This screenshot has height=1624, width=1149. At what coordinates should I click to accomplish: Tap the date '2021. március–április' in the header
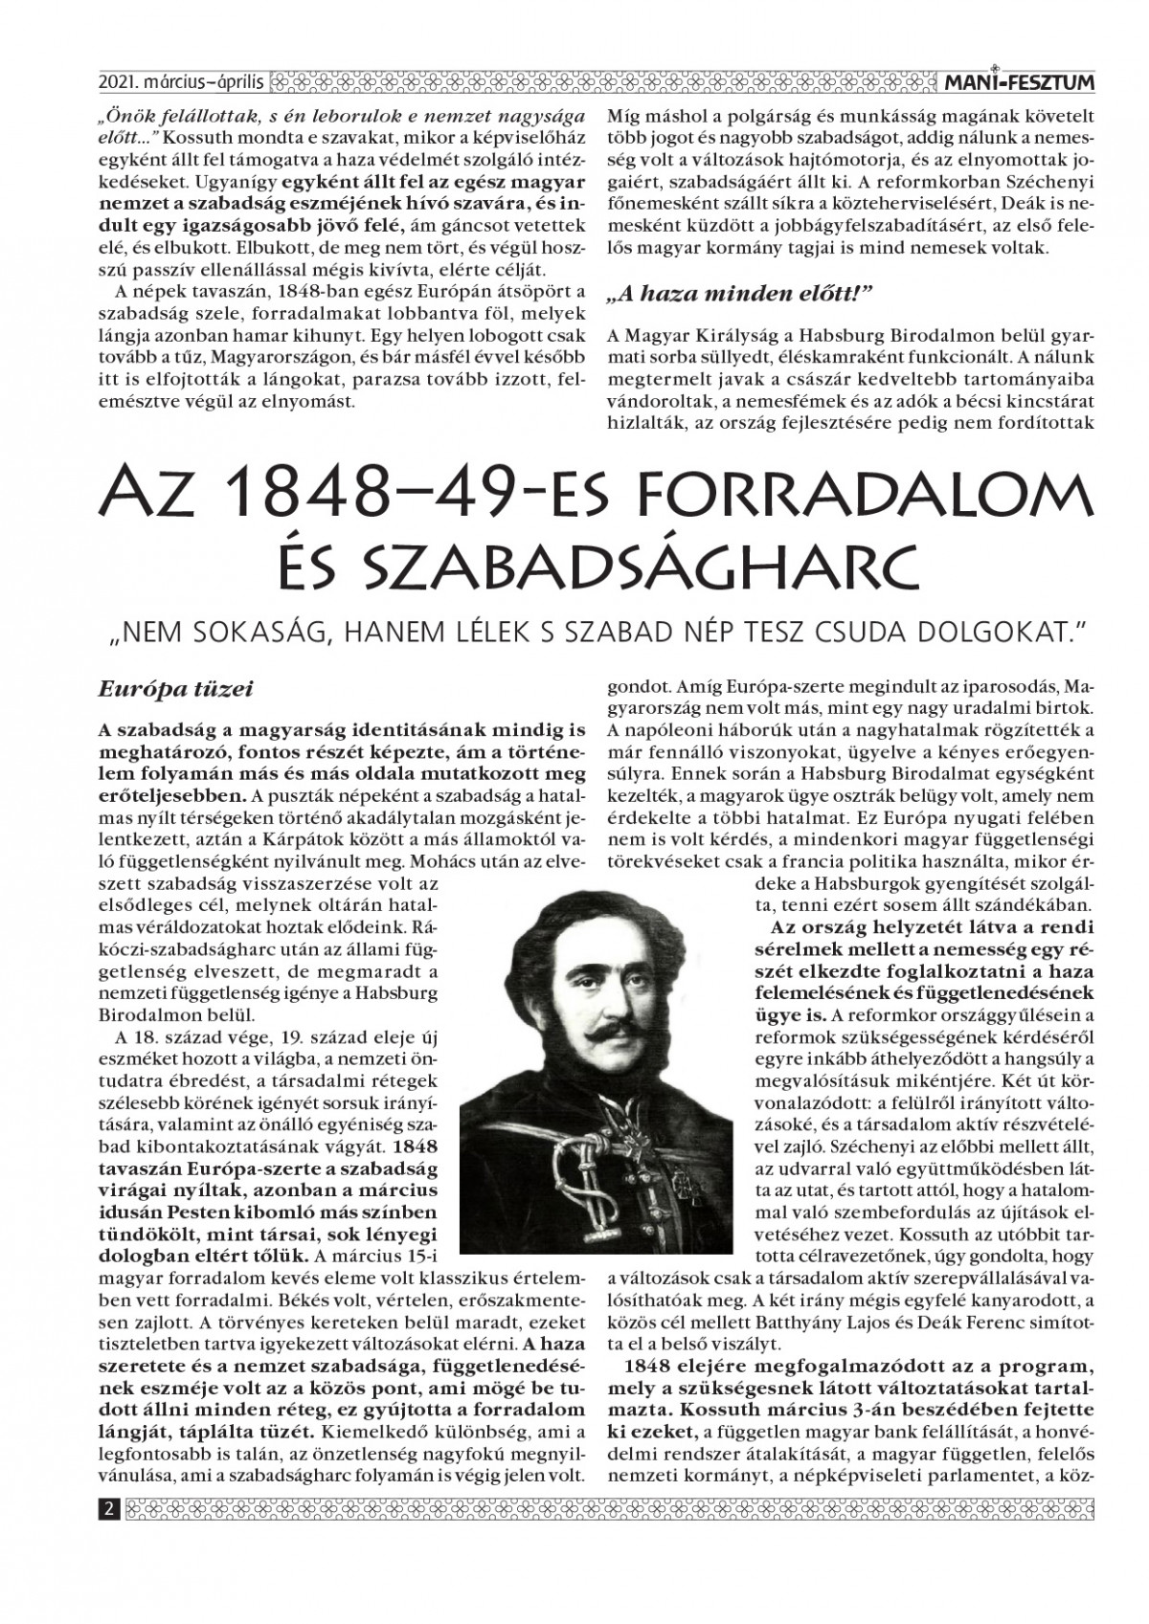[x=181, y=84]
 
